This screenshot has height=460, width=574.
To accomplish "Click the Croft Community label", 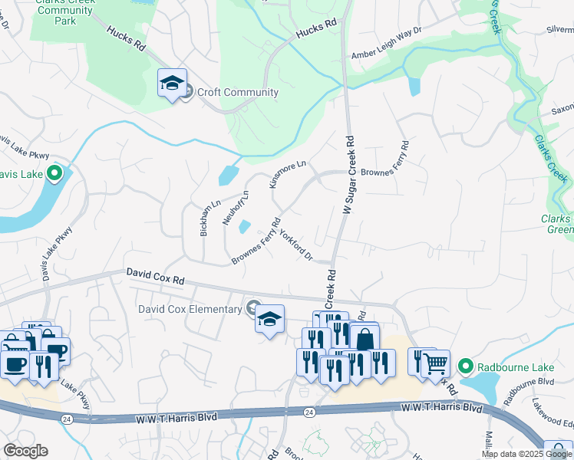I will tap(237, 93).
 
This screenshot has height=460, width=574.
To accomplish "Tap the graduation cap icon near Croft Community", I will tap(173, 82).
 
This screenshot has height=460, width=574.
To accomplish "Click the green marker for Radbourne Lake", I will tap(463, 366).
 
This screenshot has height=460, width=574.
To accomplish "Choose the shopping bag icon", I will tap(365, 340).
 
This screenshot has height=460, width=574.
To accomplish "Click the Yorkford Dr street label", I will tap(295, 244).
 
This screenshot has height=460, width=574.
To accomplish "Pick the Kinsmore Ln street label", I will tap(288, 174).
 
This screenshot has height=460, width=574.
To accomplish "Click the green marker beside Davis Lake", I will tap(54, 174).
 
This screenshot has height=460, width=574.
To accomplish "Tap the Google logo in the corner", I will tap(25, 451).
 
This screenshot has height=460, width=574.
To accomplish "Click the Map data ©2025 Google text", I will tap(526, 454).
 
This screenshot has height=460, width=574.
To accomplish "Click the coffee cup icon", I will tap(15, 363).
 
